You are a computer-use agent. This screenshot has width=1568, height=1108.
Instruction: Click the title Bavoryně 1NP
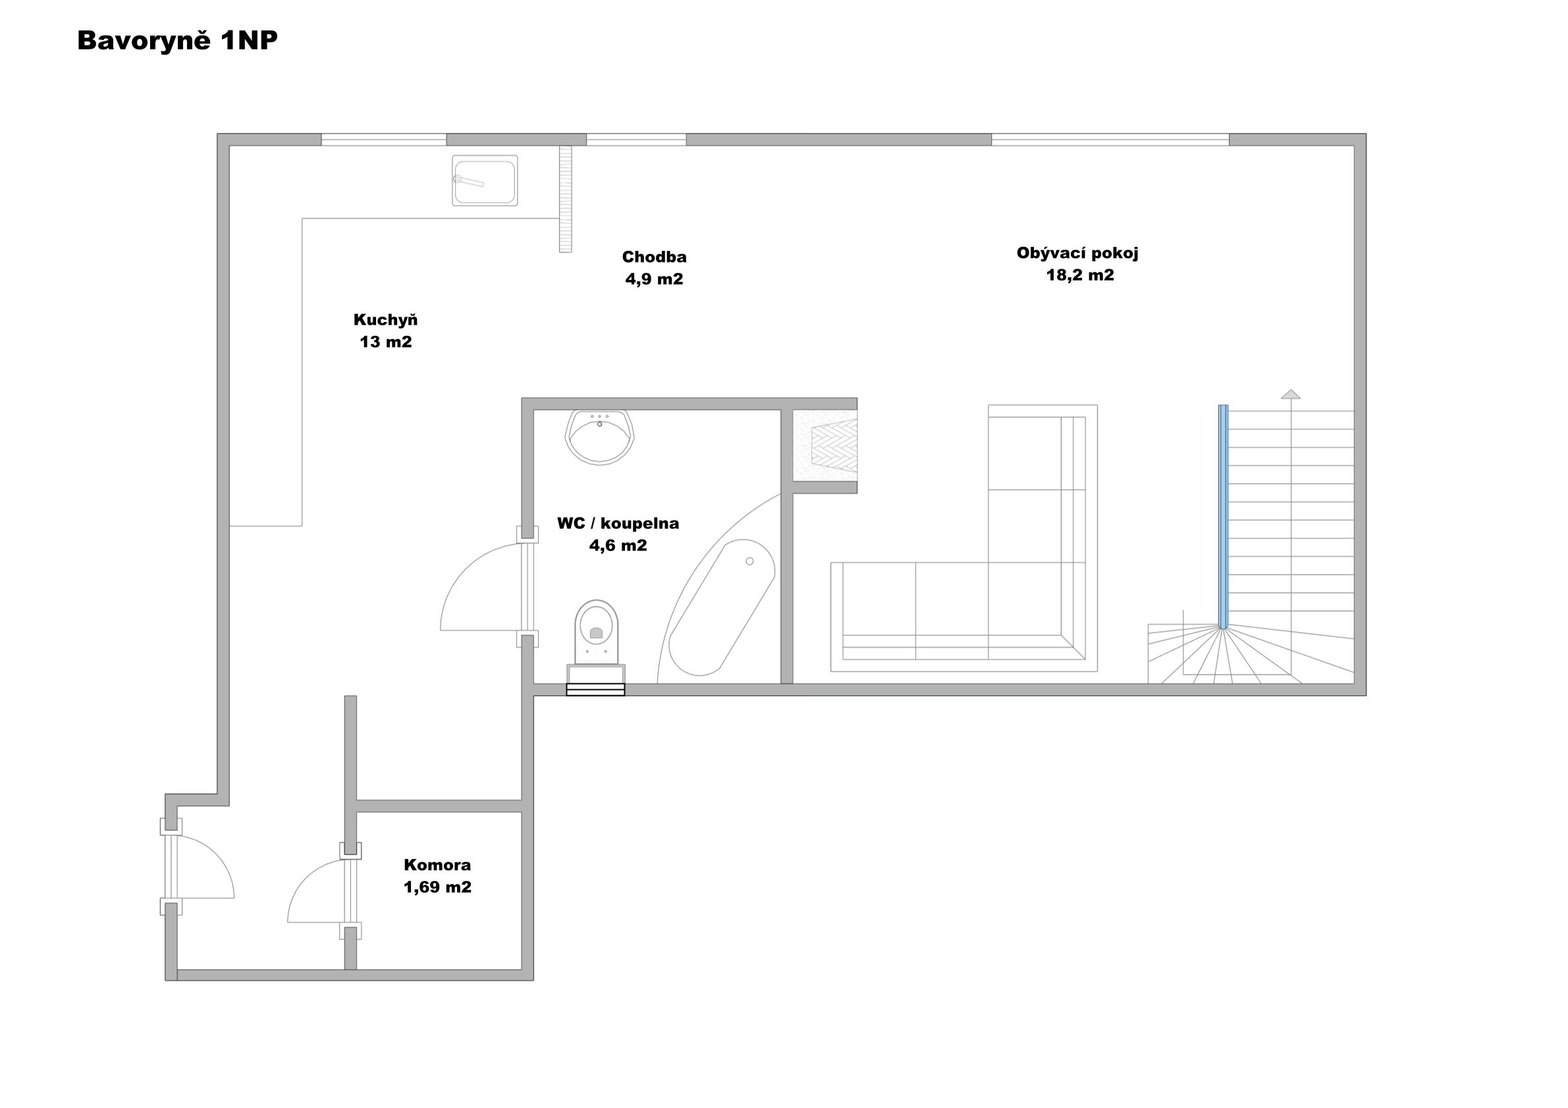[x=178, y=41]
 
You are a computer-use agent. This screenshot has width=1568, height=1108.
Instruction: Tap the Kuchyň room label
[x=385, y=319]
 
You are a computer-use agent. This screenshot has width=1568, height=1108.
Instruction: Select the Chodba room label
[x=654, y=257]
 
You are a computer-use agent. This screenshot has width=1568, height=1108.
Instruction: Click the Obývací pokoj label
[x=1077, y=253]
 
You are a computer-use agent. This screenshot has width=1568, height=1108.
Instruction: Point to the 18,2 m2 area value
[x=1080, y=275]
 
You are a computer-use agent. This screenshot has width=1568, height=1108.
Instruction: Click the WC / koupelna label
[x=618, y=523]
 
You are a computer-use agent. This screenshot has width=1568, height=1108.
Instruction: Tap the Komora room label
[x=437, y=865]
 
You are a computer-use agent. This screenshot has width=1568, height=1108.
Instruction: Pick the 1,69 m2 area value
[x=437, y=887]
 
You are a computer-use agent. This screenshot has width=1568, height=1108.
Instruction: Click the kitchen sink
[x=484, y=181]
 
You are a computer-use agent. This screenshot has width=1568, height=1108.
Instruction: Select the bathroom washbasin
[x=600, y=438]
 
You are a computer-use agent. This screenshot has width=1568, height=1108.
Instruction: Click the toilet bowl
[x=596, y=633]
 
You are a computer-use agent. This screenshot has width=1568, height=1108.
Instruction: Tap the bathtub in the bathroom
[x=721, y=608]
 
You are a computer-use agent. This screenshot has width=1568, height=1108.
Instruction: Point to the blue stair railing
[x=1222, y=516]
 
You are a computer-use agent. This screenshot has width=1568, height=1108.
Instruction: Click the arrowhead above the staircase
[x=1290, y=394]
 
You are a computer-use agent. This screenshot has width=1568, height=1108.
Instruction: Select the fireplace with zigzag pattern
[x=825, y=445]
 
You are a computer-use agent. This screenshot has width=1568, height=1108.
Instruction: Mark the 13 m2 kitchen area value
[x=385, y=342]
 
